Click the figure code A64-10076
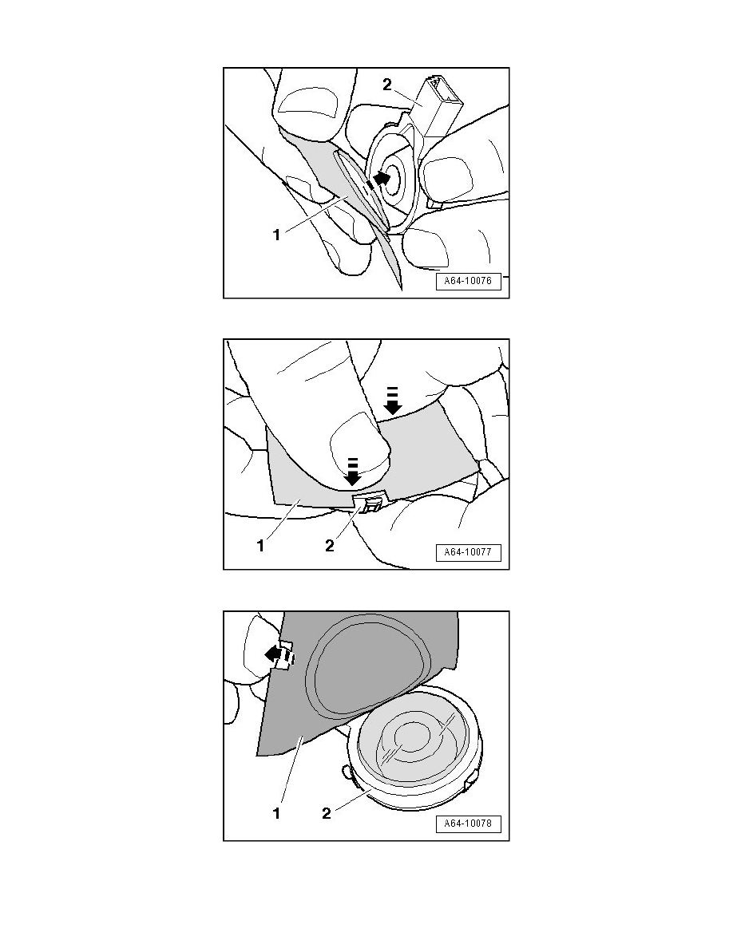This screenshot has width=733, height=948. tap(468, 281)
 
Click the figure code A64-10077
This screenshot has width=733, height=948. tap(468, 552)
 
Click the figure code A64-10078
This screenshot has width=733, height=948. tap(468, 823)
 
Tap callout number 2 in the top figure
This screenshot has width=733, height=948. tap(387, 85)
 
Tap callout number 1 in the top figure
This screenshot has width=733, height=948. tap(276, 235)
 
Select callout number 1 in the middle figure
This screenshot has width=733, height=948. tap(260, 546)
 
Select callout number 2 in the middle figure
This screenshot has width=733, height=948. tap(330, 546)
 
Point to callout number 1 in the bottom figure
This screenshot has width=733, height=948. tap(276, 814)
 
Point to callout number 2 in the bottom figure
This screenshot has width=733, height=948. tap(327, 814)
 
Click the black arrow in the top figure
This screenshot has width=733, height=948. tap(379, 179)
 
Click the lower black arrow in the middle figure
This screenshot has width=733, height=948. tap(353, 472)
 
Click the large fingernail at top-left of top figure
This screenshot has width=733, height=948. tap(309, 102)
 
